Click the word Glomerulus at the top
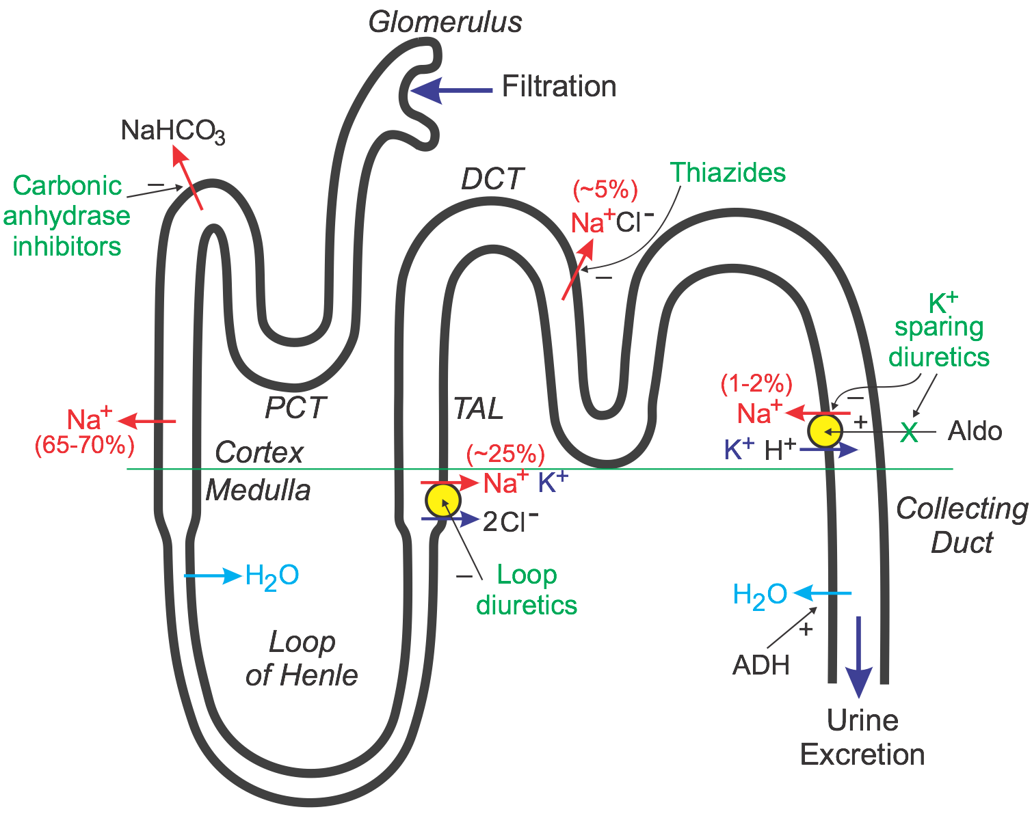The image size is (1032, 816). point(445,22)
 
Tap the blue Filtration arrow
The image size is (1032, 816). point(451,90)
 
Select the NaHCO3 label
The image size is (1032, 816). point(172,131)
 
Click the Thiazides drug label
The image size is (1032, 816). point(728,172)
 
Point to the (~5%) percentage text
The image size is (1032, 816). point(605,190)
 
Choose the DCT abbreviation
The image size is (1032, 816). point(492,179)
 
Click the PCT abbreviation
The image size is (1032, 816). point(295,408)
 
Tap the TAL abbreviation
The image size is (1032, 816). point(478,409)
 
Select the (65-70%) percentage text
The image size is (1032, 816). point(84,445)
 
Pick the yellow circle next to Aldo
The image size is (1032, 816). point(825,431)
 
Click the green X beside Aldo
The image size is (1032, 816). point(909,432)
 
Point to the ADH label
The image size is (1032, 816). point(760,664)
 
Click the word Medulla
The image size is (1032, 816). point(258,490)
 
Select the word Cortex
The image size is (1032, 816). point(259,452)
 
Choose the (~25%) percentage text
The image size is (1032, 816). point(505,454)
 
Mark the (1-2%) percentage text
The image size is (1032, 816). point(756,384)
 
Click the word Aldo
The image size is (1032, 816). point(975,431)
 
